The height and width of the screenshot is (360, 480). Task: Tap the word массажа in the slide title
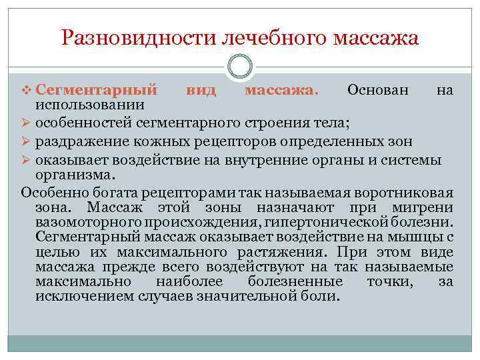(x=370, y=38)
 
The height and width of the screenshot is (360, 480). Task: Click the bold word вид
(x=200, y=90)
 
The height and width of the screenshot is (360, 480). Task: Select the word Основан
(x=379, y=90)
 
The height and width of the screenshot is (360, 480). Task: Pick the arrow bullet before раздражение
(x=27, y=141)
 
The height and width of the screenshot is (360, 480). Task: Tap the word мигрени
(x=429, y=207)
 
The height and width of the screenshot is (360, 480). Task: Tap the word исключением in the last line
(x=83, y=297)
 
